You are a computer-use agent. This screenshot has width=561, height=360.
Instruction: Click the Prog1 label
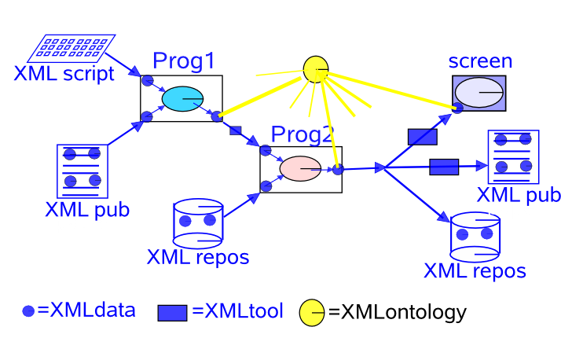coord(184,61)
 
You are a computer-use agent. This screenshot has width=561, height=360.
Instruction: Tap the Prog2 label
coord(301,134)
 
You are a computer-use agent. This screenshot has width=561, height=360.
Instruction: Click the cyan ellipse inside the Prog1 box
coord(182,98)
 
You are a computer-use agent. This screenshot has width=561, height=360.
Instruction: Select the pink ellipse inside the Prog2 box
coord(300,168)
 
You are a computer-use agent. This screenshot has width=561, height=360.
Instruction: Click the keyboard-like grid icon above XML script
coord(71,48)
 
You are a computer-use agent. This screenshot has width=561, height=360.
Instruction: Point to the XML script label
coord(64,75)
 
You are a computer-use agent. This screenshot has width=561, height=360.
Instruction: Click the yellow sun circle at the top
coord(315,68)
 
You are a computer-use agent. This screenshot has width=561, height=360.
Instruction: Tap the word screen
coord(480,61)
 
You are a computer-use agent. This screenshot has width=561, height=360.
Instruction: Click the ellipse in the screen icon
coord(478,93)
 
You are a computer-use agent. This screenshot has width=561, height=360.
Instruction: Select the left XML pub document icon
coord(82,171)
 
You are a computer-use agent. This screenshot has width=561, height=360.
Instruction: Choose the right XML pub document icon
coord(513,157)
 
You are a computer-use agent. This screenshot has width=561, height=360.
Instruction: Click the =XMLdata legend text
coord(86,310)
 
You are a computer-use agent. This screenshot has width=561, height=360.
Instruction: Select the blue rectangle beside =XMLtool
coord(172,313)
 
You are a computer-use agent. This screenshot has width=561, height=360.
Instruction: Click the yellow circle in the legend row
coord(312,313)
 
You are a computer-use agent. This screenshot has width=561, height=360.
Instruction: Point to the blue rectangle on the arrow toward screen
coord(422,137)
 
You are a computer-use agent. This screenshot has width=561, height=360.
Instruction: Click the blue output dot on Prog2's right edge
coord(337,169)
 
